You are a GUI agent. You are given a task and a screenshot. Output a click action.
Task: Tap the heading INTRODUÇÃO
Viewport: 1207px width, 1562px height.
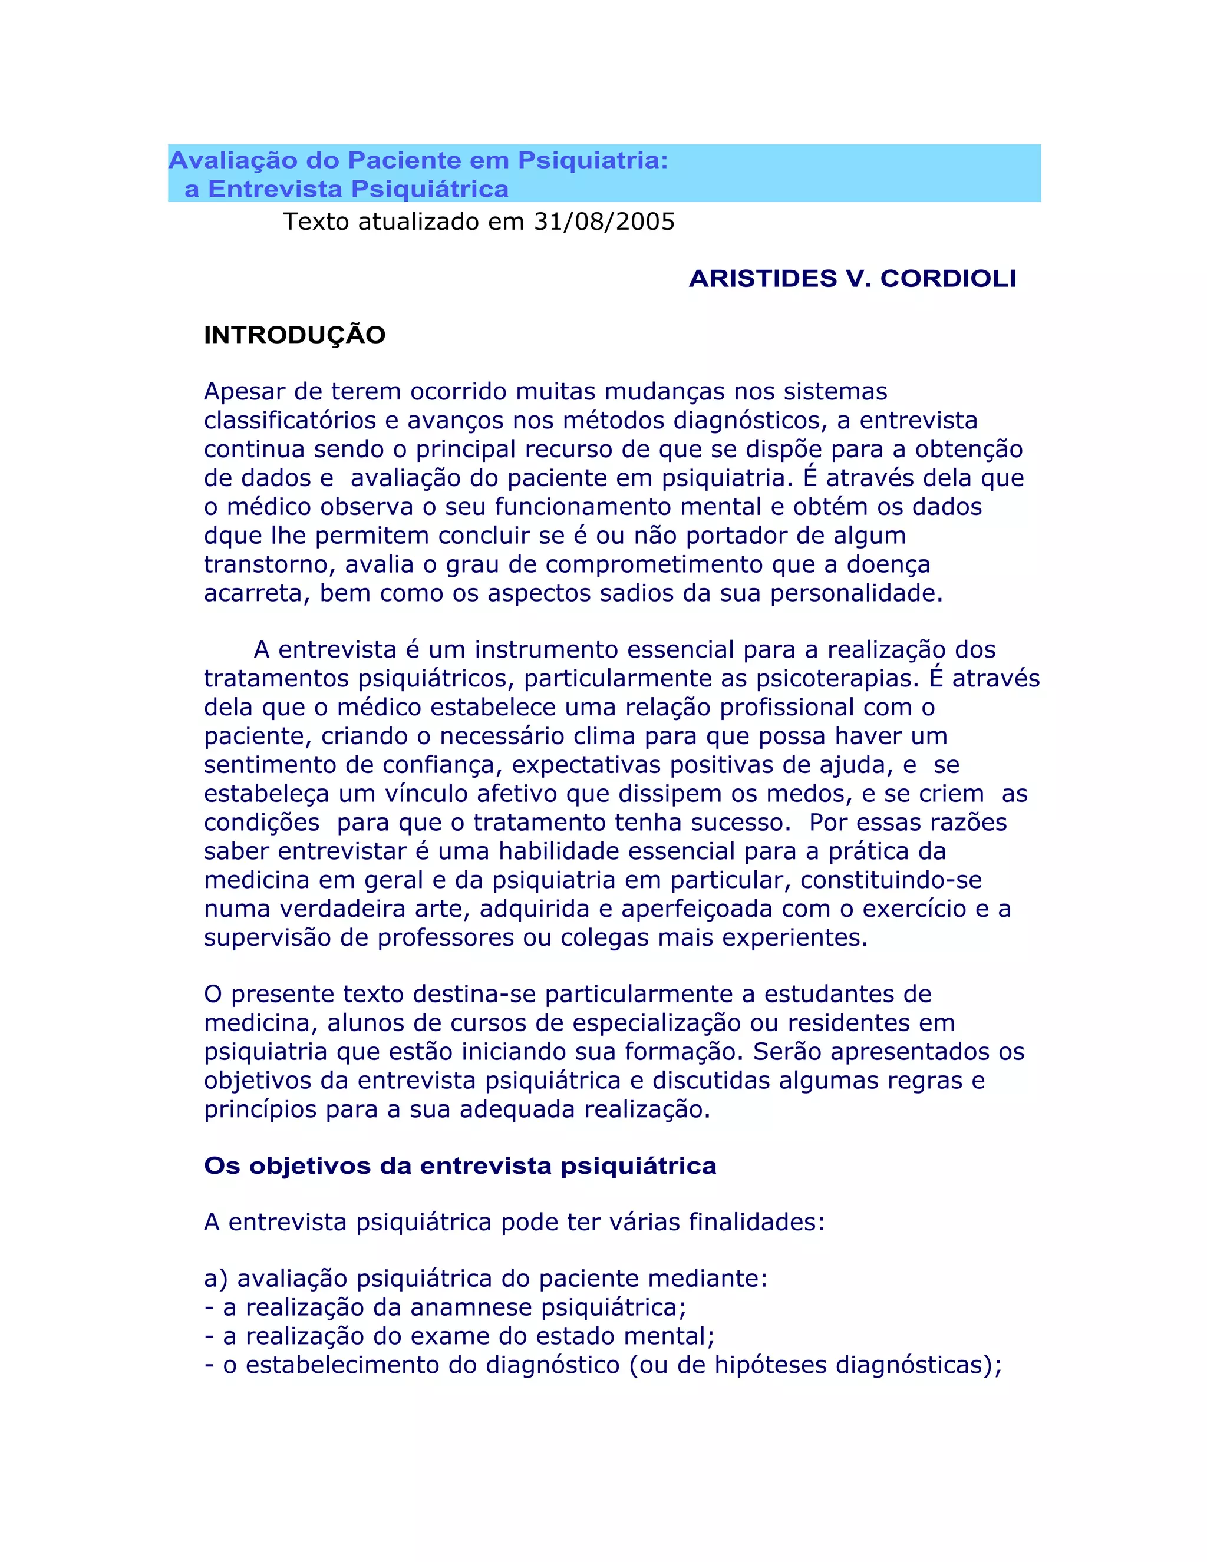click(295, 335)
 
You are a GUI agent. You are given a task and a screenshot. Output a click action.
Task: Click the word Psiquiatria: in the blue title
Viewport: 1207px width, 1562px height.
click(592, 160)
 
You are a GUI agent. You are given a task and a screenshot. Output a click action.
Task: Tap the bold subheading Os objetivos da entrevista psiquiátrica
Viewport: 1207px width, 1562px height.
click(460, 1166)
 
